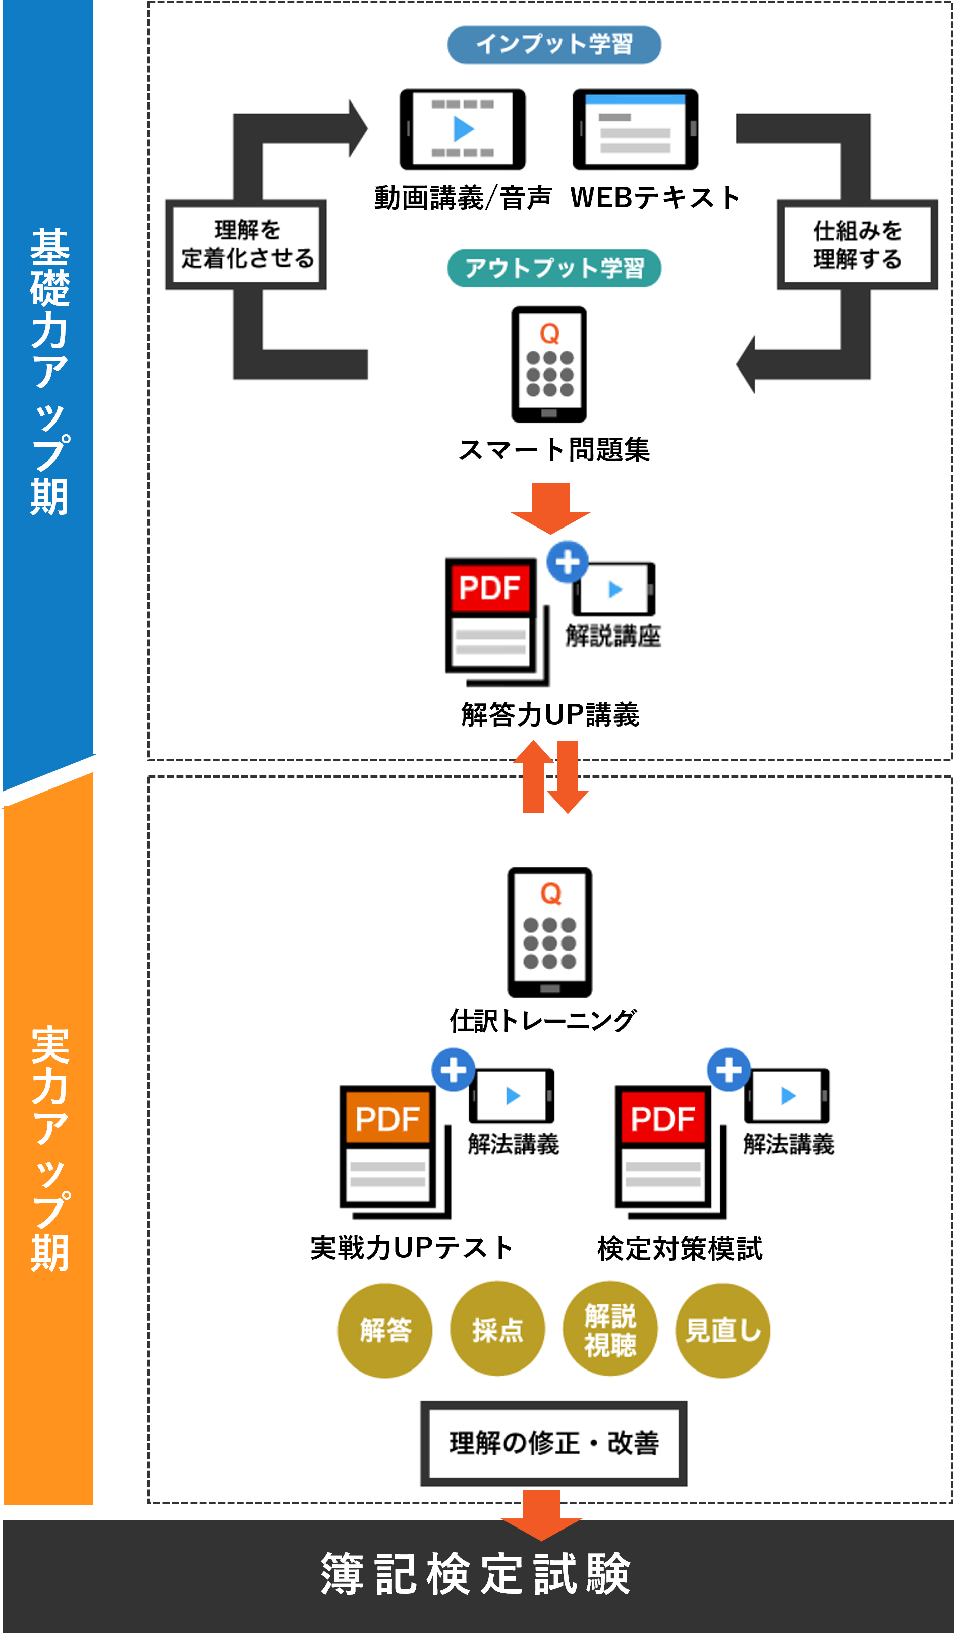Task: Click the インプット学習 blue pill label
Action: tap(554, 45)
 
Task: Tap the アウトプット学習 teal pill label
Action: tap(554, 268)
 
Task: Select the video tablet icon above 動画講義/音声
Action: tap(463, 129)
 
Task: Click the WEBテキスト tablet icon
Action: tap(635, 129)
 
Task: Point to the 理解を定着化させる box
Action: tap(246, 244)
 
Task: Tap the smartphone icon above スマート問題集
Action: tap(549, 363)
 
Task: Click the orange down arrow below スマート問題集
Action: tap(550, 507)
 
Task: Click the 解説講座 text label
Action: tap(612, 636)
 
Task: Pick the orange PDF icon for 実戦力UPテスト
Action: tap(388, 1147)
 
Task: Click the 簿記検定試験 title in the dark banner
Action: tap(476, 1574)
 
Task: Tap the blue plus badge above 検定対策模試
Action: tap(728, 1070)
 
